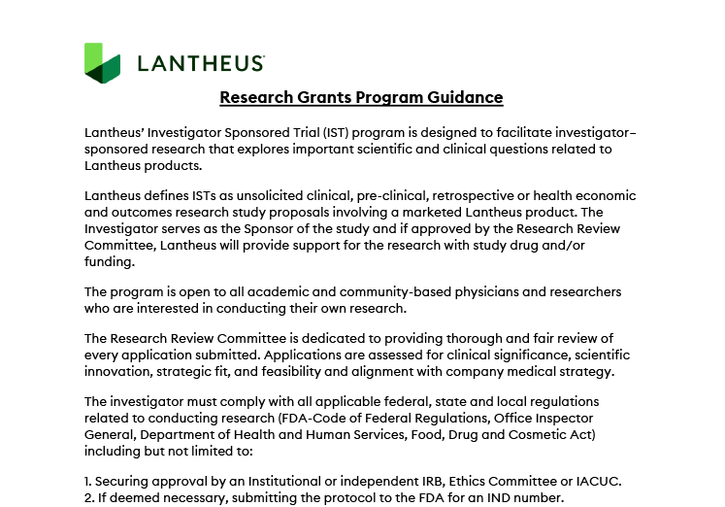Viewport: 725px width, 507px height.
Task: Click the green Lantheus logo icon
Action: click(x=102, y=63)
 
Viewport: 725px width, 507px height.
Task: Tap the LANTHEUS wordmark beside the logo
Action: click(x=201, y=64)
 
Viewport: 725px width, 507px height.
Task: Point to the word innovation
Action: click(x=118, y=371)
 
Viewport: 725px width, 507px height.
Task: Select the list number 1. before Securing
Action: click(x=89, y=482)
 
